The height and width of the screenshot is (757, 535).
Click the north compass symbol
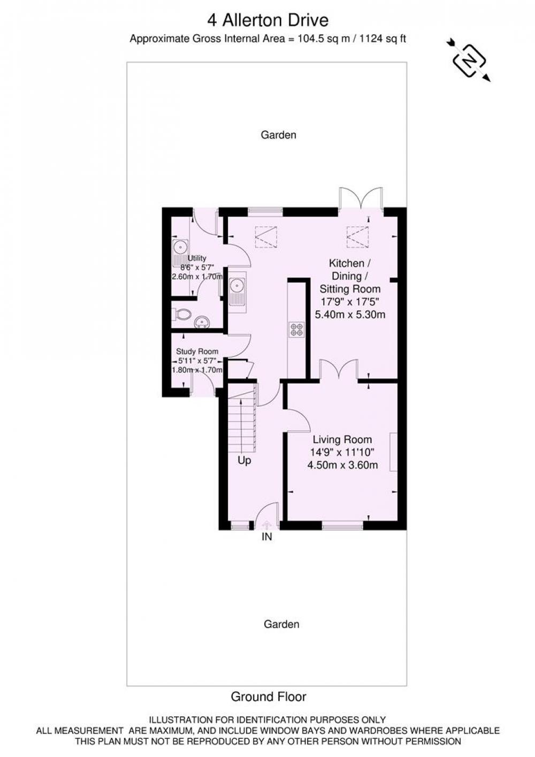tap(469, 60)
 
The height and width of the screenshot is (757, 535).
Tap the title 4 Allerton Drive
tap(267, 20)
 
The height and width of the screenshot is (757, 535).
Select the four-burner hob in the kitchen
tap(296, 330)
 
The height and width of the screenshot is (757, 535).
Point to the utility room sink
tap(180, 253)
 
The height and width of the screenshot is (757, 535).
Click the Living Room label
tap(342, 440)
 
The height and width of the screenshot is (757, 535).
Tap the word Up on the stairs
tap(244, 461)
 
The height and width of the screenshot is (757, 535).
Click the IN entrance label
tap(266, 537)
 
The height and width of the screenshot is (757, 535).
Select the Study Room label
tap(197, 351)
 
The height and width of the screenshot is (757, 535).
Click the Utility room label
tap(197, 258)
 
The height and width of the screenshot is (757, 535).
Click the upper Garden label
tap(279, 135)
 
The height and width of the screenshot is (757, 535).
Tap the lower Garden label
tap(281, 624)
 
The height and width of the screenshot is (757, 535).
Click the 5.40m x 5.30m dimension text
tap(350, 315)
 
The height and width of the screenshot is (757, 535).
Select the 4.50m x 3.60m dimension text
tap(342, 465)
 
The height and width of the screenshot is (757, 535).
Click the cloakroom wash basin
tap(202, 322)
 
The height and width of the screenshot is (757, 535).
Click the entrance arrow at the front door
tap(266, 524)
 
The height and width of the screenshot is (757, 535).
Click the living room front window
tap(342, 525)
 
